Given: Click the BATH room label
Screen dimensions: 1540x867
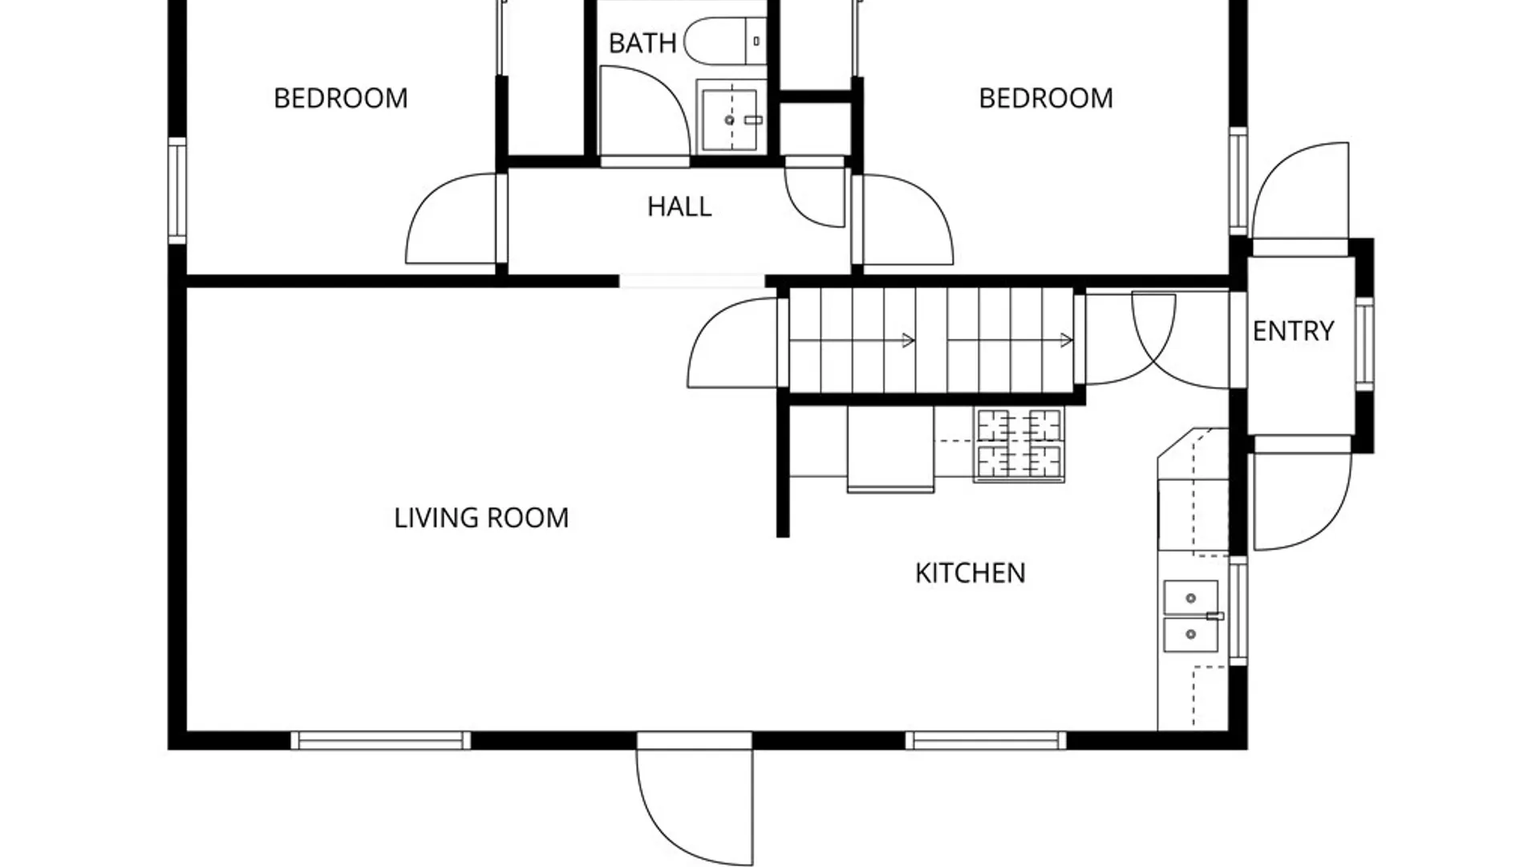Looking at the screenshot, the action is pyautogui.click(x=642, y=43).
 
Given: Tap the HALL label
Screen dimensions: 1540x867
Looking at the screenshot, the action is pyautogui.click(x=679, y=207).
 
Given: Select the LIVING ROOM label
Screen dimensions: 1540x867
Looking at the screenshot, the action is pyautogui.click(x=481, y=518).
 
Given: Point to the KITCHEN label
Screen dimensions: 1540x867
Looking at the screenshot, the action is pyautogui.click(x=970, y=573).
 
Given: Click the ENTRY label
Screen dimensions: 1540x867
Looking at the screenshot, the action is pyautogui.click(x=1293, y=331).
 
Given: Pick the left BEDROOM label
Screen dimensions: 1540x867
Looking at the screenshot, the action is pyautogui.click(x=341, y=98).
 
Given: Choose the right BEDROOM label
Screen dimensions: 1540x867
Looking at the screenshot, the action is pyautogui.click(x=1046, y=98).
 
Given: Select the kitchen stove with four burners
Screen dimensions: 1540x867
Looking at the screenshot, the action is pyautogui.click(x=1019, y=445).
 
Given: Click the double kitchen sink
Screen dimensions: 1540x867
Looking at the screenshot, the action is pyautogui.click(x=1191, y=616).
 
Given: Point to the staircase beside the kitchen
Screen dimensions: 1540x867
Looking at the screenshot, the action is pyautogui.click(x=931, y=341).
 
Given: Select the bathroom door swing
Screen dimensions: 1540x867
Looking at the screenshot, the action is pyautogui.click(x=645, y=111).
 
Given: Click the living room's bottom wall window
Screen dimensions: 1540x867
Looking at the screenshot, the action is pyautogui.click(x=380, y=740).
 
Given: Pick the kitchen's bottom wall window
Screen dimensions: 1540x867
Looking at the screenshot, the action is pyautogui.click(x=986, y=740).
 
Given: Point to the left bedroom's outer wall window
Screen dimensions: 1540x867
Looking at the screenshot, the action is pyautogui.click(x=177, y=190).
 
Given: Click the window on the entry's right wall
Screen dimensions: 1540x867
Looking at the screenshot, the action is pyautogui.click(x=1364, y=343).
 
